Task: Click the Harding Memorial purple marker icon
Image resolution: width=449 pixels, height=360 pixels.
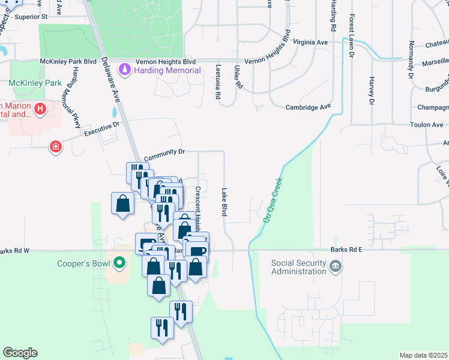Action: (124, 70)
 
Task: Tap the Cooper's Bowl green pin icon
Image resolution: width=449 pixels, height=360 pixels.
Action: (119, 262)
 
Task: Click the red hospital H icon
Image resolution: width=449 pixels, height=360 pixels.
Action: (40, 109)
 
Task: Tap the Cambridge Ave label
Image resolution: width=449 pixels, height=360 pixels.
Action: (308, 107)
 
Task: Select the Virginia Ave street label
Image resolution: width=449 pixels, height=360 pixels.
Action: (310, 43)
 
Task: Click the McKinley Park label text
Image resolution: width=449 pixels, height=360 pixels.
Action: (28, 82)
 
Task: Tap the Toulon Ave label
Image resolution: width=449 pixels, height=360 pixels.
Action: (426, 125)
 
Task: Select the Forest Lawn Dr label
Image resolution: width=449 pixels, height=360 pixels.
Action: (352, 36)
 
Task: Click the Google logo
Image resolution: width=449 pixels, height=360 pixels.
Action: (20, 353)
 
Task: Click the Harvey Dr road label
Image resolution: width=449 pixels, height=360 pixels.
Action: (372, 91)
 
